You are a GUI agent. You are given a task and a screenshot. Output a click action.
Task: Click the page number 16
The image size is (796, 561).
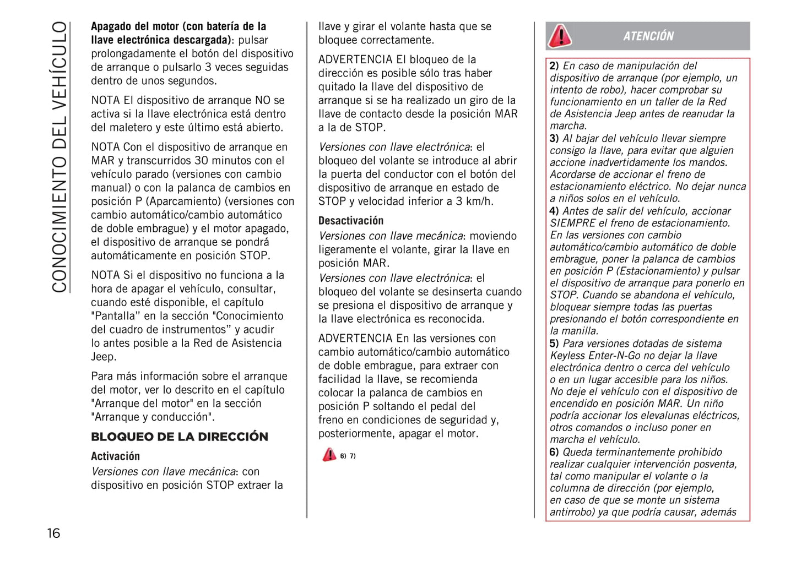(53, 533)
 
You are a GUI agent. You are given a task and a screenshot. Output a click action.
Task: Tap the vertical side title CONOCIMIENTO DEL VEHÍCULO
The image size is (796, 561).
(59, 157)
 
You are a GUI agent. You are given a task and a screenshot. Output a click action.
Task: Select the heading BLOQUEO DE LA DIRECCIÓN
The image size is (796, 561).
(180, 437)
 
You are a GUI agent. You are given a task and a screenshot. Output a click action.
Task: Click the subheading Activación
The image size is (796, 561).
(115, 456)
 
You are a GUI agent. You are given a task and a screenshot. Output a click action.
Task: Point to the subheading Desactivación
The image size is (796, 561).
(350, 221)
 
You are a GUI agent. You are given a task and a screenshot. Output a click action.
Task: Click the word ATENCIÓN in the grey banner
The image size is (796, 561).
(648, 36)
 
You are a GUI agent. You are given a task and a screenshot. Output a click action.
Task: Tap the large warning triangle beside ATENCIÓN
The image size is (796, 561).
(560, 36)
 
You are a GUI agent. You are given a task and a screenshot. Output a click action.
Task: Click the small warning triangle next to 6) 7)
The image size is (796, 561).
(329, 455)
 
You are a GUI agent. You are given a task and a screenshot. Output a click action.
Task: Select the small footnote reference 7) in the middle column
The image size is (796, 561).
(353, 456)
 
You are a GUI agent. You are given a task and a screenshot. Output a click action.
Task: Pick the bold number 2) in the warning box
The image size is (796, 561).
(554, 66)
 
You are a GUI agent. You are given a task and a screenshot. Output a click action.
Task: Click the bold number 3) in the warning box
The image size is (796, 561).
(554, 139)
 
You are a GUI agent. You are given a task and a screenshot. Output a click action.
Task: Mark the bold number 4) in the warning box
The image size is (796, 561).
(554, 211)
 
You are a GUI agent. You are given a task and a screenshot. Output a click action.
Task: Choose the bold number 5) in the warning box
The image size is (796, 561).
(554, 344)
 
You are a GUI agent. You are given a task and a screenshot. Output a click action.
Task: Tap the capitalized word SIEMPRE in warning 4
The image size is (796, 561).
(573, 223)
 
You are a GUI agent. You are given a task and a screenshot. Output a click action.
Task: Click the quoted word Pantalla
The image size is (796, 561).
(115, 316)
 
